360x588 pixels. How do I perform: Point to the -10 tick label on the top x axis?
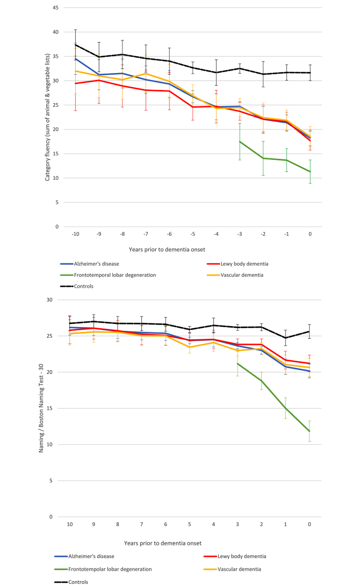[x=75, y=235]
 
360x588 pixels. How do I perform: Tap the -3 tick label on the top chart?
[x=239, y=235]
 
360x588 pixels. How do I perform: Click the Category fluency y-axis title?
[x=47, y=117]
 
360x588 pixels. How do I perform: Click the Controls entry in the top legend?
[x=85, y=286]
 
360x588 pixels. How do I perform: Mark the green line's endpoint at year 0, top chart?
[x=310, y=171]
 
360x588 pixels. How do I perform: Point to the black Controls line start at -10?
[x=75, y=45]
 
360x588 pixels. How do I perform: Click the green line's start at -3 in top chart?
[x=240, y=141]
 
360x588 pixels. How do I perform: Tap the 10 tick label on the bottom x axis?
[x=69, y=524]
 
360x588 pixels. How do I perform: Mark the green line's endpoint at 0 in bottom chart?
[x=310, y=431]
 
